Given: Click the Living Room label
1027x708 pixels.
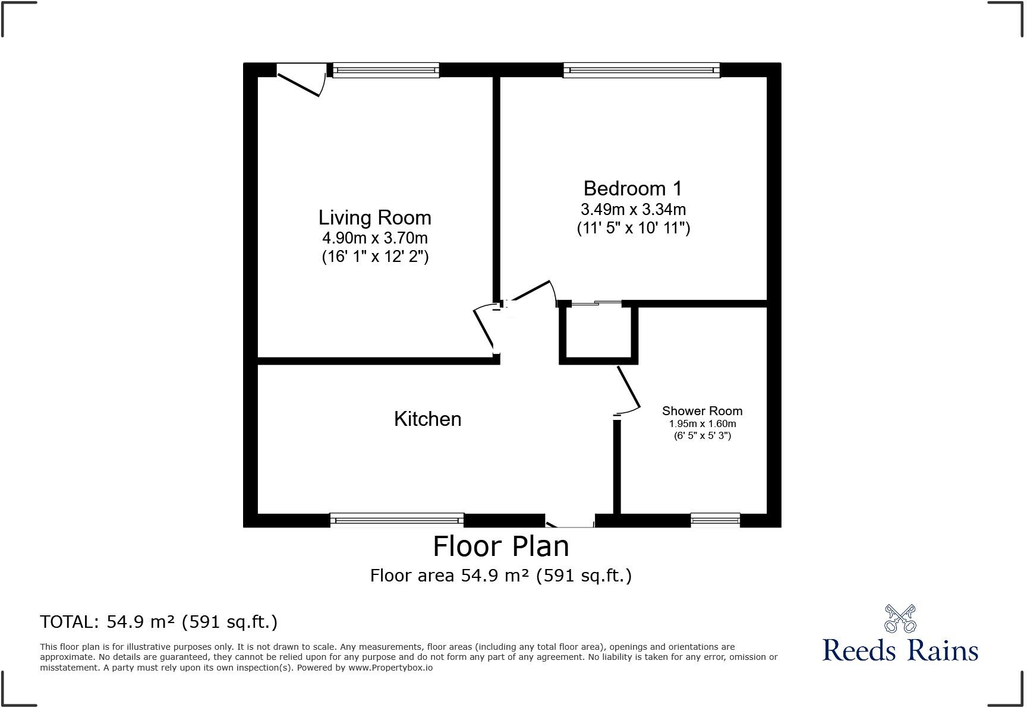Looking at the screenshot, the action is [374, 217].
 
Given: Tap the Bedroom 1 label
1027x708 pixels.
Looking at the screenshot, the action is [633, 188].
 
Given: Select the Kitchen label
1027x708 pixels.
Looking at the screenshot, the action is [427, 419].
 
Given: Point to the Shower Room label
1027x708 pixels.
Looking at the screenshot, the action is [702, 411].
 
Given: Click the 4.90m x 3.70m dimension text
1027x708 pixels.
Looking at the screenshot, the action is [374, 238].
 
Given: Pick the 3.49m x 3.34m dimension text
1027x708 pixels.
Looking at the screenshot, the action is [633, 210].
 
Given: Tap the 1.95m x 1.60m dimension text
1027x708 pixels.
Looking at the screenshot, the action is [702, 424].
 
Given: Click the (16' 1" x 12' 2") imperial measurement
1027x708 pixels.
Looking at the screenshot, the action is [375, 257].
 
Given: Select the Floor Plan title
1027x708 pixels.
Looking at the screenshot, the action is [500, 546].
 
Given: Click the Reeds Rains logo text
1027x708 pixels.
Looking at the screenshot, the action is [900, 650].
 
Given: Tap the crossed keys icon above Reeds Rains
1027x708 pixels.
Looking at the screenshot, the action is [900, 619].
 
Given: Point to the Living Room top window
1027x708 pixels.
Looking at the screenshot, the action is [386, 70].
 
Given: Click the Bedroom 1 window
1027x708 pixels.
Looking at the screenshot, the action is [641, 70].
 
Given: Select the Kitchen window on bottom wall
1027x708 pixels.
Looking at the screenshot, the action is [396, 520].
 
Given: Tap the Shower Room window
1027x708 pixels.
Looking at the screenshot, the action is [715, 520].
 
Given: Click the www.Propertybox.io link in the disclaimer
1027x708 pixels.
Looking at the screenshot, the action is [390, 668].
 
